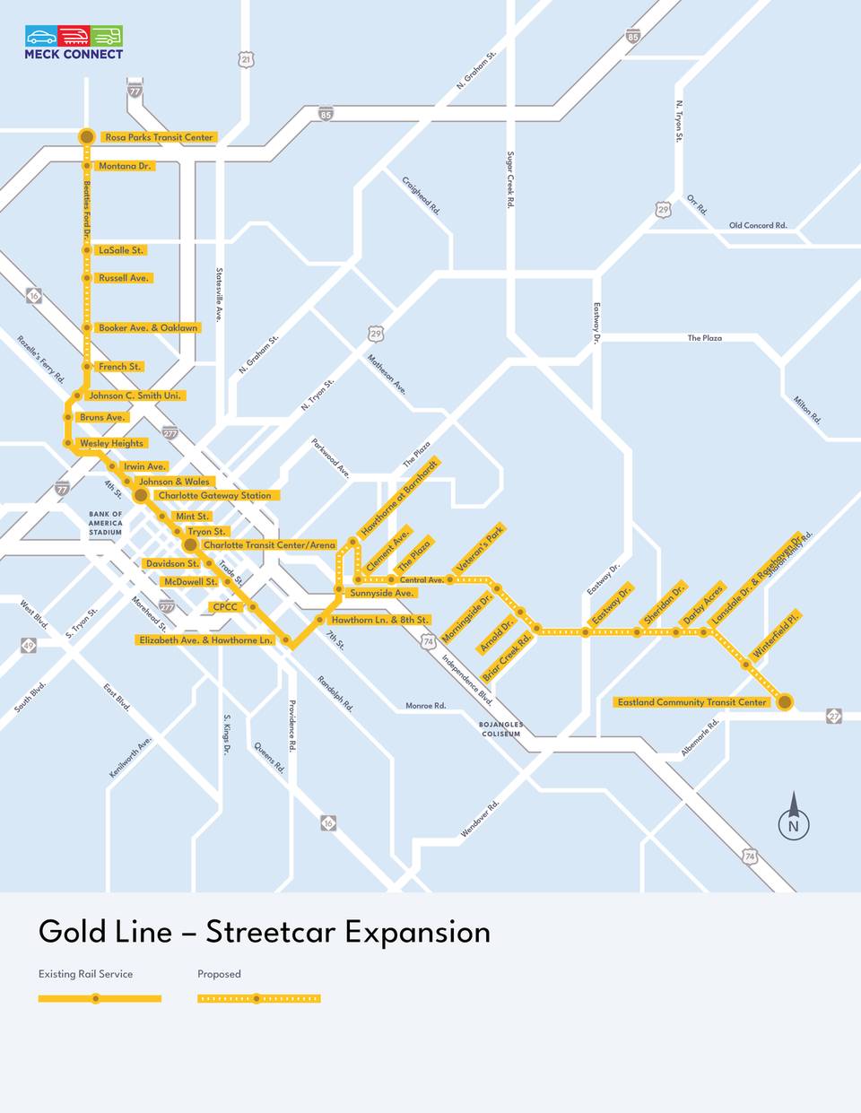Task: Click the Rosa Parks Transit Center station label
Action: pos(159,137)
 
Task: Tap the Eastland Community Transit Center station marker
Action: pos(785,701)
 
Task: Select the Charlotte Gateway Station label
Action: pos(214,495)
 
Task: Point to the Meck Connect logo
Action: pos(74,42)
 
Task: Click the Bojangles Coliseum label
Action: pos(500,729)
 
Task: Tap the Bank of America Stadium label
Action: pos(105,524)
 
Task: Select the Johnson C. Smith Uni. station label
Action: pos(135,396)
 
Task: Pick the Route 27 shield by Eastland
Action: pos(834,717)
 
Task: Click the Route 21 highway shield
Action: pos(247,59)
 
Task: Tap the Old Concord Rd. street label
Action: pos(757,225)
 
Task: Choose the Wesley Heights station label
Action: pos(111,443)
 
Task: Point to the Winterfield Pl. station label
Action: pos(775,636)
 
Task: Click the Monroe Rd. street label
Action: pos(425,706)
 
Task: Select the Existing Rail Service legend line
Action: pos(100,998)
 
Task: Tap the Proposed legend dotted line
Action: pos(258,998)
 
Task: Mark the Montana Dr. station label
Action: pos(126,166)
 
